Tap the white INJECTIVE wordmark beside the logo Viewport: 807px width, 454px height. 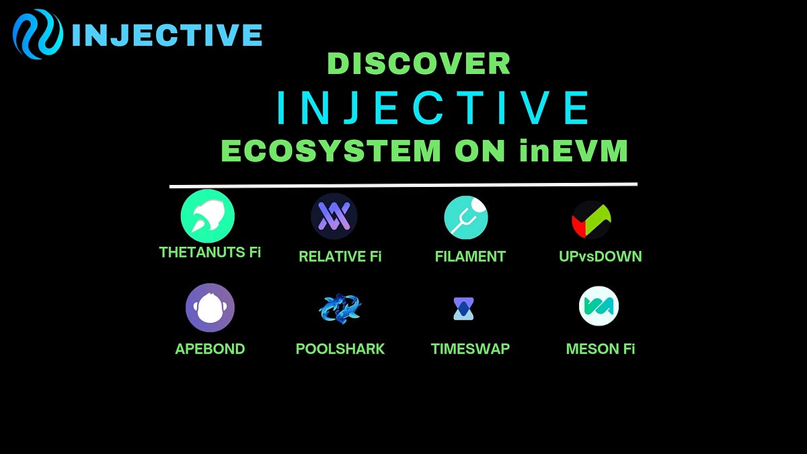[x=166, y=35]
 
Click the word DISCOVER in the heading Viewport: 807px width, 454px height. [x=418, y=64]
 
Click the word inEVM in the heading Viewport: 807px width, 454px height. [x=574, y=151]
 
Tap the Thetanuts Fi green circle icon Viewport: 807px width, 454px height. [x=208, y=217]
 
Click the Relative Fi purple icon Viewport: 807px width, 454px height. [x=334, y=217]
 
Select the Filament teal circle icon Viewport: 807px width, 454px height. [x=466, y=217]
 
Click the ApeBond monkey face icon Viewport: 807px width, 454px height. [x=210, y=307]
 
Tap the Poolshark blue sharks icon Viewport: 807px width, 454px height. [x=340, y=308]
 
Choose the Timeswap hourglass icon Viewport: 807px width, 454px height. [x=463, y=307]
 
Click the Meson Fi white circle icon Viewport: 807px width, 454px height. [x=599, y=306]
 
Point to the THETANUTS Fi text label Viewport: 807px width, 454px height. [x=210, y=252]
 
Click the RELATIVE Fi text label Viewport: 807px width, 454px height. [x=340, y=256]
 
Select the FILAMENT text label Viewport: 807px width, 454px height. [x=470, y=256]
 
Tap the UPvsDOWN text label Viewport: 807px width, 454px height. [x=600, y=256]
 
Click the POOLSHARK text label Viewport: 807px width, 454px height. [x=340, y=349]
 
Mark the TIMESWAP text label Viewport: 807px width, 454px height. [x=470, y=349]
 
